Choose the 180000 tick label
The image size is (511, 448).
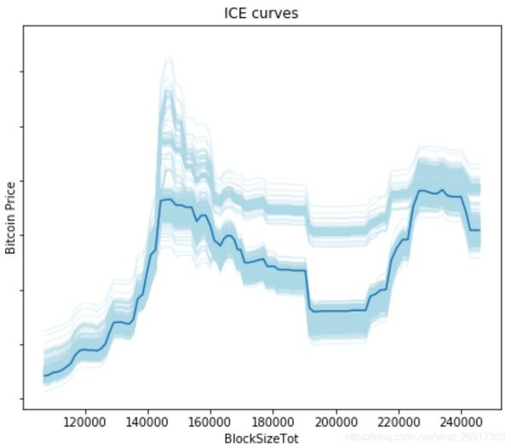(273, 421)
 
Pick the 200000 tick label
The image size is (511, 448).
(336, 421)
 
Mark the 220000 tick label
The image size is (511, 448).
(399, 421)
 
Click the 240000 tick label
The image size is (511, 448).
(462, 421)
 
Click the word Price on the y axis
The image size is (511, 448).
(11, 200)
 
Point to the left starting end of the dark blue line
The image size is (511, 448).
(44, 376)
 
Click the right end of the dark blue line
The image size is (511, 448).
(480, 230)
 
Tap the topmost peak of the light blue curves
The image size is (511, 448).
(169, 58)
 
